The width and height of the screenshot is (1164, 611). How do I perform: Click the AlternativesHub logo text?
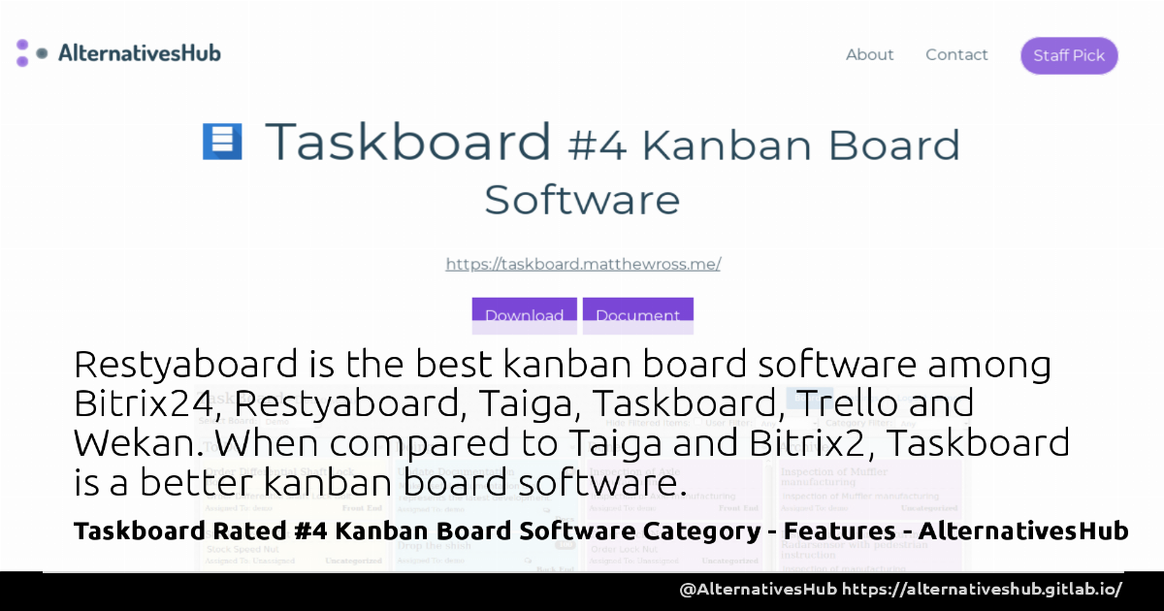pyautogui.click(x=139, y=53)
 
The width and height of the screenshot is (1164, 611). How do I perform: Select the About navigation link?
pyautogui.click(x=869, y=55)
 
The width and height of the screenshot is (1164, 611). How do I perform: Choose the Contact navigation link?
pyautogui.click(x=956, y=55)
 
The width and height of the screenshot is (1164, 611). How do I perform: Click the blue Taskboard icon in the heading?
pyautogui.click(x=222, y=142)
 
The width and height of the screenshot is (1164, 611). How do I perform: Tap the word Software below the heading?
pyautogui.click(x=582, y=200)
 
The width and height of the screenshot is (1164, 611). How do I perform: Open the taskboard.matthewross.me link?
pyautogui.click(x=583, y=264)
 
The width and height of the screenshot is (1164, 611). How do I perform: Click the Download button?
pyautogui.click(x=524, y=315)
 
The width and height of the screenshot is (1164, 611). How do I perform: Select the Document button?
pyautogui.click(x=637, y=315)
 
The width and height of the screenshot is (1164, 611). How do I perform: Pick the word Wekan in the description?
pyautogui.click(x=136, y=443)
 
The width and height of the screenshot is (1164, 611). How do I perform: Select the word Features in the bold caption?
pyautogui.click(x=843, y=531)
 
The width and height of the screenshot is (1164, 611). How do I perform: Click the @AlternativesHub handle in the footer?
pyautogui.click(x=758, y=589)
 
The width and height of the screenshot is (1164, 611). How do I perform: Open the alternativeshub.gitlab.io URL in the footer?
pyautogui.click(x=982, y=589)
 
